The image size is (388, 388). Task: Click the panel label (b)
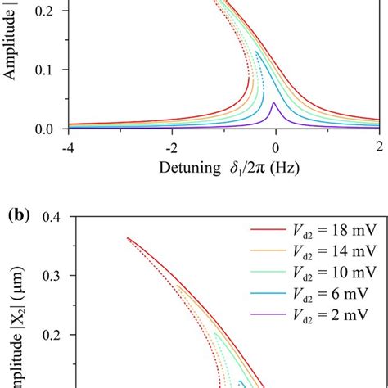point(19,217)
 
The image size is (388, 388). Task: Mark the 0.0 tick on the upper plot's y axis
point(51,129)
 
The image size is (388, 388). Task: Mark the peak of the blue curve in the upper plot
point(257,52)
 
